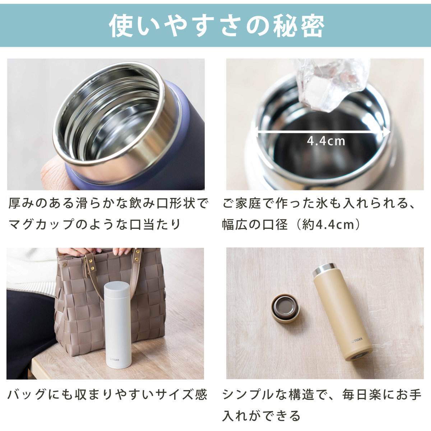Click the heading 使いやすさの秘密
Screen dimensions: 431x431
point(217,26)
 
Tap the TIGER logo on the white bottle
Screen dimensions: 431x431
point(114,360)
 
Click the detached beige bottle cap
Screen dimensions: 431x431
point(286,309)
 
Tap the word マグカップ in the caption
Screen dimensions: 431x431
point(42,224)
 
